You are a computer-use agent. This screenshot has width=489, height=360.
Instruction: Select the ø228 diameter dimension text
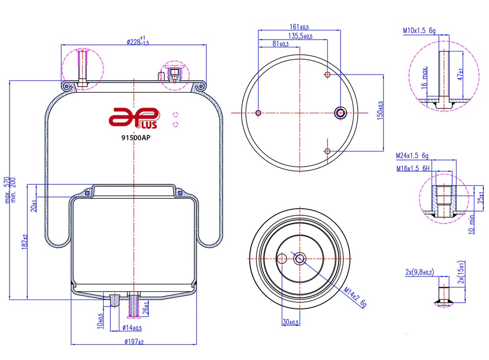tap(138, 41)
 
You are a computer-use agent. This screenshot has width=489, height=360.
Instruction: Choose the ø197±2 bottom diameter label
tap(134, 341)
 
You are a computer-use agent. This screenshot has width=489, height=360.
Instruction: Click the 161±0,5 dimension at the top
tap(299, 27)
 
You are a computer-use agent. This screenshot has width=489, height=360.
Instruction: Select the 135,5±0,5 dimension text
tap(300, 36)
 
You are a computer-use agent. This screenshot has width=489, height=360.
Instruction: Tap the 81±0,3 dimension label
tap(280, 44)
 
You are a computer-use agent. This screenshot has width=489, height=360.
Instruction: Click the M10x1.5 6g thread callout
tap(419, 31)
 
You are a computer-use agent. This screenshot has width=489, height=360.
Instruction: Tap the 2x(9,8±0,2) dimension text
tap(419, 273)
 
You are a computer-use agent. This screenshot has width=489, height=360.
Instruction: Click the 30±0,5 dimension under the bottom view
tap(290, 323)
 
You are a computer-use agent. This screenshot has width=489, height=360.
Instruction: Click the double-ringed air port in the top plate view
tap(340, 113)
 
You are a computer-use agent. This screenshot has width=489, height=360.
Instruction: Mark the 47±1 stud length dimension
tap(460, 74)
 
